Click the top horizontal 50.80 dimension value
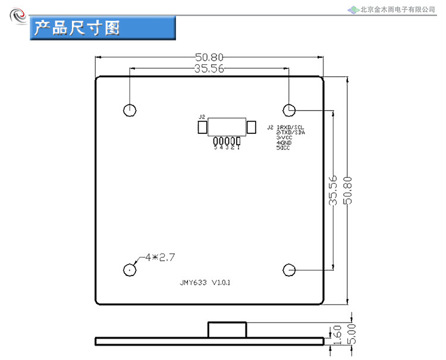[x=209, y=57]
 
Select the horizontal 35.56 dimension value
[x=209, y=68]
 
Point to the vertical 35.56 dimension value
[x=333, y=190]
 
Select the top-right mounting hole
[x=289, y=109]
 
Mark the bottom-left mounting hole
[x=129, y=270]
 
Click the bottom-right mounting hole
[x=289, y=270]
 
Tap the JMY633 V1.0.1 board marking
[x=205, y=283]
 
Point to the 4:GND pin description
[x=285, y=143]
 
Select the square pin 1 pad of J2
[x=238, y=141]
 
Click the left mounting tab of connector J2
[x=202, y=127]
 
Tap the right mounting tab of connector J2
[x=251, y=127]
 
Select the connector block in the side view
[x=227, y=330]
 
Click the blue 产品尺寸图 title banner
[x=103, y=28]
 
